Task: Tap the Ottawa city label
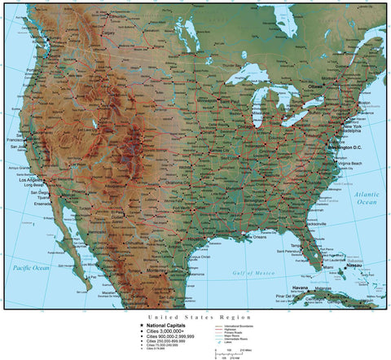tap(316, 84)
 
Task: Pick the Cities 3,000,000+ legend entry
tap(165, 331)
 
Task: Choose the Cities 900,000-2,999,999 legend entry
tap(170, 336)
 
